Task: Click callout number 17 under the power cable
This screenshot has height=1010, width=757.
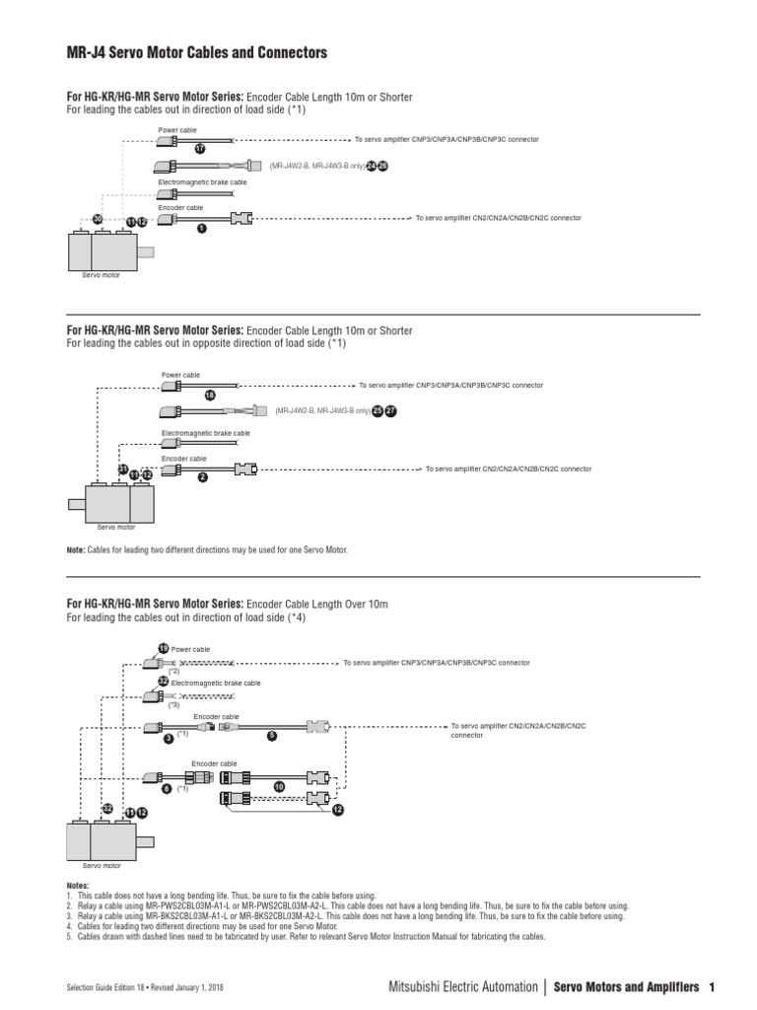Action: tap(199, 149)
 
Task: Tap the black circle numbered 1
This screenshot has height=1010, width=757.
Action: tap(201, 228)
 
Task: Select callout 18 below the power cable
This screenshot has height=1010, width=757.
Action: tap(209, 395)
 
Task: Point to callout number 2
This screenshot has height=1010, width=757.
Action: tap(202, 477)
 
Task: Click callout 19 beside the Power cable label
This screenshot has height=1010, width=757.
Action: tap(164, 648)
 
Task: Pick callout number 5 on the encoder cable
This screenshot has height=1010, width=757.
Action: tap(272, 735)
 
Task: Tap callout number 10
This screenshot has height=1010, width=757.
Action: tap(278, 786)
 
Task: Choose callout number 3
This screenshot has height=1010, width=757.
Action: tap(169, 737)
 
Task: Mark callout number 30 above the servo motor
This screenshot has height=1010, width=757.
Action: tap(98, 219)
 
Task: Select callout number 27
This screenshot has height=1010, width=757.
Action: tap(390, 410)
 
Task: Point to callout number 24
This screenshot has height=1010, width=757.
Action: tap(372, 167)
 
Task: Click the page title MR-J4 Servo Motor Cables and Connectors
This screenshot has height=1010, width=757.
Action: tap(196, 51)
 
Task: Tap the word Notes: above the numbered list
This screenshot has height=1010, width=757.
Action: tap(77, 886)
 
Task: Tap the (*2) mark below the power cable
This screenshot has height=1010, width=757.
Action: tap(173, 671)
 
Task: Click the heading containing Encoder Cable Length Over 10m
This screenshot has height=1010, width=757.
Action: tap(228, 603)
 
